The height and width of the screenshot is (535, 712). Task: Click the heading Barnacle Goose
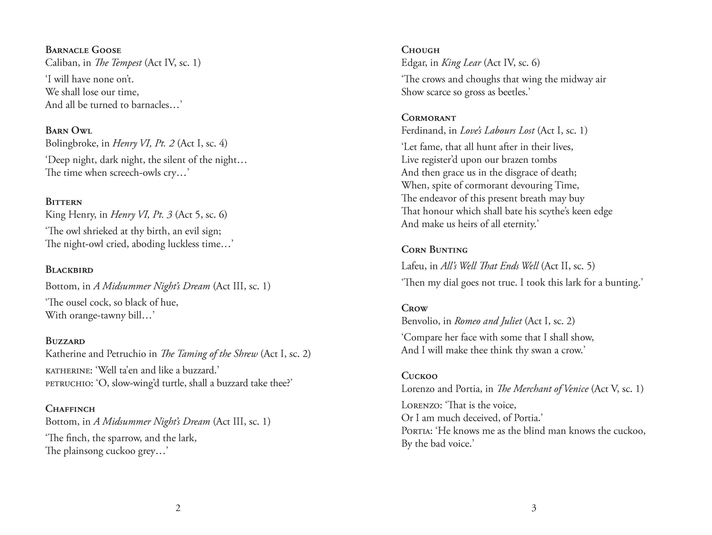83,50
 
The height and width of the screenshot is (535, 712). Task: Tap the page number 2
178,508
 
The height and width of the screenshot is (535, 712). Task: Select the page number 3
533,508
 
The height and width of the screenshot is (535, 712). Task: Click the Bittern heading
64,202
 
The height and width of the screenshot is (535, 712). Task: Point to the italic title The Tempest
118,63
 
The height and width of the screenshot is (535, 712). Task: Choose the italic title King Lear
461,63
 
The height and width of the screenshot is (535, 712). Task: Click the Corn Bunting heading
434,250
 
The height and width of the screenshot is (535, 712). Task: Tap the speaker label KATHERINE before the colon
68,371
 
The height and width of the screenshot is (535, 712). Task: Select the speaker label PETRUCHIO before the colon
69,384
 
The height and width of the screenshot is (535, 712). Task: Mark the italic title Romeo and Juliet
488,321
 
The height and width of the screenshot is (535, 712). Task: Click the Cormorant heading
428,118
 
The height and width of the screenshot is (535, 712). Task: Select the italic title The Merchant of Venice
543,389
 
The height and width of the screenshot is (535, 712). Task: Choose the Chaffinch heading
70,409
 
